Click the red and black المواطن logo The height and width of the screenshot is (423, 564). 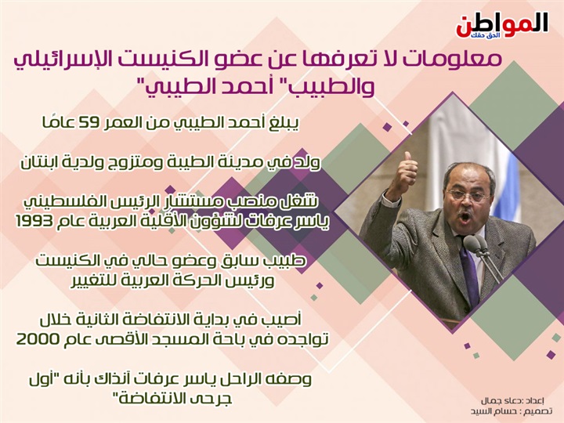[x=502, y=25]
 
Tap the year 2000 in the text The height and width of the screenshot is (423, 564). [x=37, y=339]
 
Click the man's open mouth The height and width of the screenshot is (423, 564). [x=465, y=218]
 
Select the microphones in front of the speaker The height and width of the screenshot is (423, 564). [x=483, y=256]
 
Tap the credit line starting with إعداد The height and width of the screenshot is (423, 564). [x=512, y=401]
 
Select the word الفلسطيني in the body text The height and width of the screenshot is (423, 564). [x=56, y=203]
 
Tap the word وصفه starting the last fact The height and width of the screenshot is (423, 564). [x=291, y=379]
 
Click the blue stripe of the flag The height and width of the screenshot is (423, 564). [x=513, y=187]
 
